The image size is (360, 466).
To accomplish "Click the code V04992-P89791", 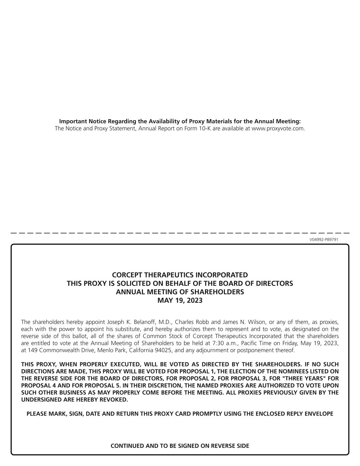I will pos(324,239).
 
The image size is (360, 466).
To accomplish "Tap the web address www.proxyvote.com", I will pos(277,129).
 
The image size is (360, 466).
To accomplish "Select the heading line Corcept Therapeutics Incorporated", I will pos(180,275).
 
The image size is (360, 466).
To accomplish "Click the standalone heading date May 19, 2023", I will pos(180,300).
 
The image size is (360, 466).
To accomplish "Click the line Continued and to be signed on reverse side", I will pos(180,446).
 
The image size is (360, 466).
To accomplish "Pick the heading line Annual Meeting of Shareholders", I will pos(180,292).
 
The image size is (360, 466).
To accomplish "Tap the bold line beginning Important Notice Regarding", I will pos(180,121).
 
